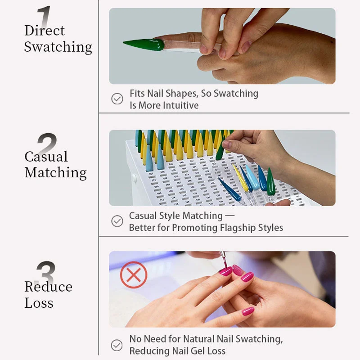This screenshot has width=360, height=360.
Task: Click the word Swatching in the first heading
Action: [x=58, y=47]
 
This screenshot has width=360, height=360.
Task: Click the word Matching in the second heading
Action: [x=56, y=173]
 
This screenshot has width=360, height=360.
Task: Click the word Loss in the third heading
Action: [x=39, y=303]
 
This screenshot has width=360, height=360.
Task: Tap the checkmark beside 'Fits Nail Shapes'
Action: [x=117, y=99]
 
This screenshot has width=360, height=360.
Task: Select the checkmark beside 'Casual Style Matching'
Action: [x=117, y=221]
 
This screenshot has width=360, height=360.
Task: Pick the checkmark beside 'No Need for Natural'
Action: [x=117, y=345]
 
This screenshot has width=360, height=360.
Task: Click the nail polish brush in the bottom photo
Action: [x=222, y=260]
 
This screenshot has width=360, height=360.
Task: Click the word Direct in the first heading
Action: [x=45, y=31]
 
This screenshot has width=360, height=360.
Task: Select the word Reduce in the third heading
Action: [x=48, y=287]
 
